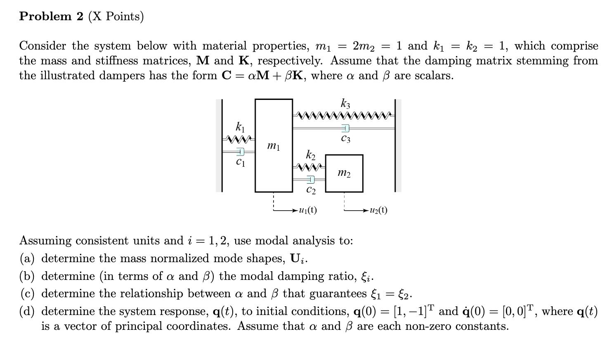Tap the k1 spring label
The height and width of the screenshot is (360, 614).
click(240, 126)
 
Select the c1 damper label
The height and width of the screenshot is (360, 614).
click(240, 163)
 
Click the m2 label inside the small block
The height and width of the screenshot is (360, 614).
click(344, 173)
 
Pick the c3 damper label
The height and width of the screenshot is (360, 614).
click(345, 139)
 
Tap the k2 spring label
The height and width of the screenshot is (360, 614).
click(310, 156)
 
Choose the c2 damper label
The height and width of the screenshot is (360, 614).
click(311, 190)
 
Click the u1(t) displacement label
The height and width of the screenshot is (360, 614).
click(307, 210)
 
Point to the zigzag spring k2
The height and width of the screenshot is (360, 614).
click(309, 167)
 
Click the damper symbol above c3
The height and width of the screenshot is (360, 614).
click(345, 128)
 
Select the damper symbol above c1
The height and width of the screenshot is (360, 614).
click(240, 152)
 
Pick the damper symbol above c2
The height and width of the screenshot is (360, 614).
click(310, 180)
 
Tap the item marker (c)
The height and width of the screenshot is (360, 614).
click(27, 294)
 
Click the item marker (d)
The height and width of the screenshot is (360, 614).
click(28, 311)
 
